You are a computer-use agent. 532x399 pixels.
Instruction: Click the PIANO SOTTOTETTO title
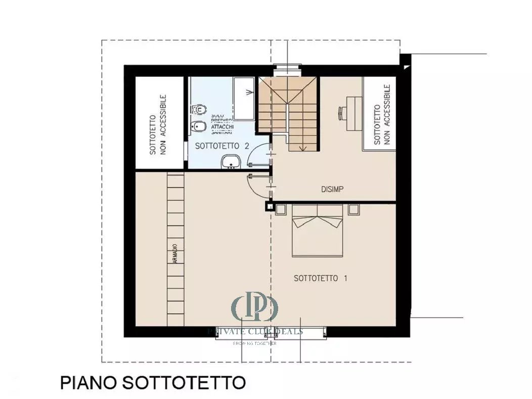coord(153,382)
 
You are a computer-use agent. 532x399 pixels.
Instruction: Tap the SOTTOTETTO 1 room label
coord(321,278)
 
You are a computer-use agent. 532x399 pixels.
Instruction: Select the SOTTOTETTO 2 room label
coord(223,146)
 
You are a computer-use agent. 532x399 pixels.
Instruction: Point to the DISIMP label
coord(332,189)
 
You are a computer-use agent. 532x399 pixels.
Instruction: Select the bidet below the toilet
coord(198,126)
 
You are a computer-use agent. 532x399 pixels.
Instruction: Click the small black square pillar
coord(269,206)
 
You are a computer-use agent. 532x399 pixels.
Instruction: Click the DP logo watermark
coord(255,306)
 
